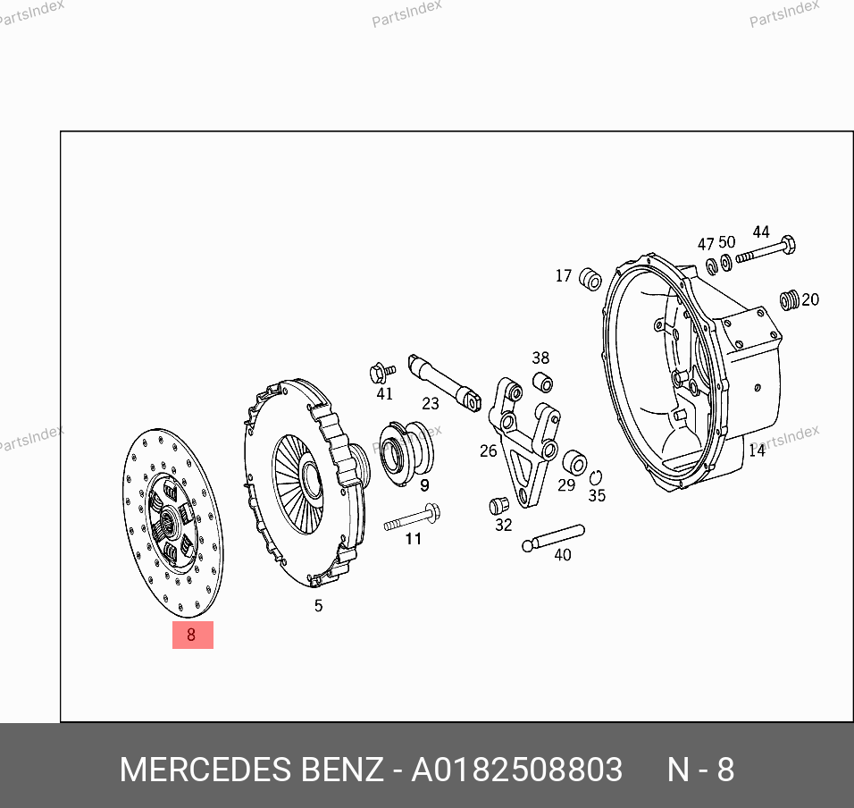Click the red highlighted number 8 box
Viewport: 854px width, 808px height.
[193, 635]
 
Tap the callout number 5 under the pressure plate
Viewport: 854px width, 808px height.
[319, 606]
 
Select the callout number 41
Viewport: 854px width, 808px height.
[384, 393]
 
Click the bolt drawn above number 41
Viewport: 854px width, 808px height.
[381, 373]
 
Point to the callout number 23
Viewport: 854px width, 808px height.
[431, 404]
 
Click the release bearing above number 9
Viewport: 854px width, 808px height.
[406, 451]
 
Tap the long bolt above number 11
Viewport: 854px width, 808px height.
[413, 518]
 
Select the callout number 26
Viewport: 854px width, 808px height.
[488, 450]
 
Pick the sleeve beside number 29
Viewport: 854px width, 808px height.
[574, 463]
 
